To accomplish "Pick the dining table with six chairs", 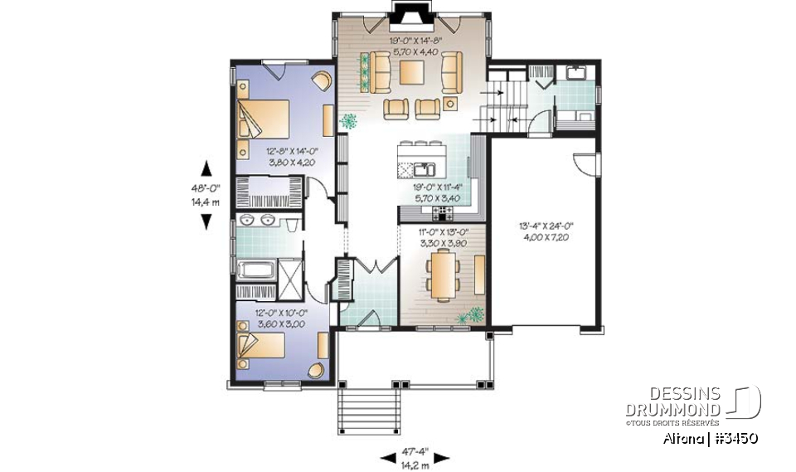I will [x=442, y=275].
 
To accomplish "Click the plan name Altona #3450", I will [x=711, y=437].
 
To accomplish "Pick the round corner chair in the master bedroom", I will [x=320, y=81].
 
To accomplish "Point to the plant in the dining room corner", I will [x=475, y=314].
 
